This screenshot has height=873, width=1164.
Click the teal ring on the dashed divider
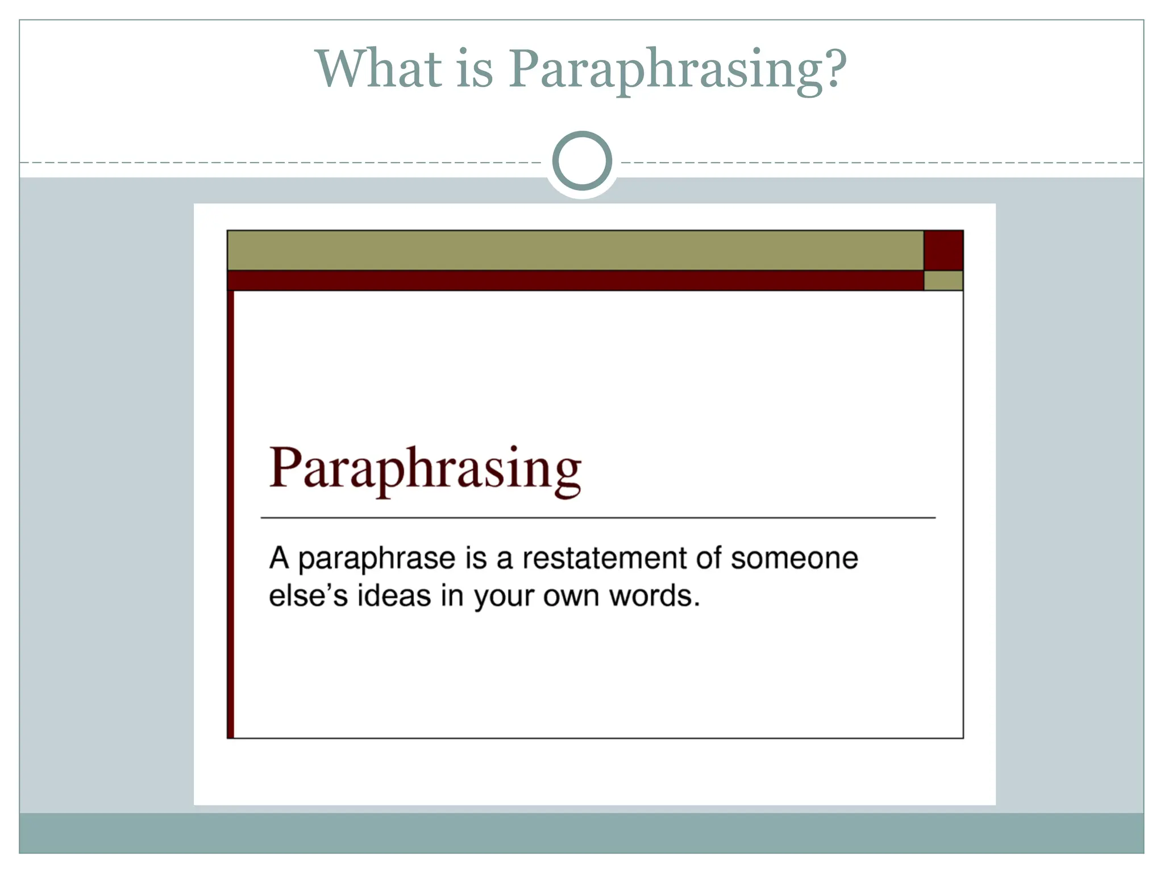click(x=582, y=161)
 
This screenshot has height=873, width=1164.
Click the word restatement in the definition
click(x=604, y=558)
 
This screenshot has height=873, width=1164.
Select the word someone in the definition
click(x=794, y=558)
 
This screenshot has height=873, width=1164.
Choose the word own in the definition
click(x=572, y=596)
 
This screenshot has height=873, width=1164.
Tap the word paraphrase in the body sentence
click(x=376, y=559)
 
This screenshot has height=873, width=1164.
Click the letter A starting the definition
click(x=279, y=558)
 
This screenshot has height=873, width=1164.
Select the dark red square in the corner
click(x=943, y=250)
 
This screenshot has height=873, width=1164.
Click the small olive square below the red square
click(x=943, y=280)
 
